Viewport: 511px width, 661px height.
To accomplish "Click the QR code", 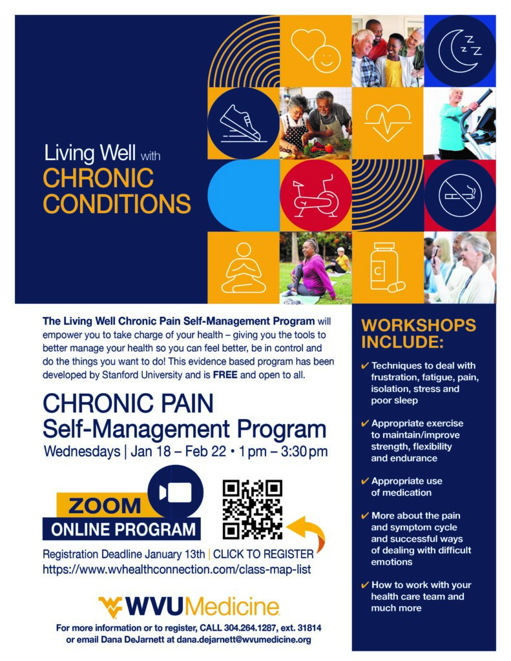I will tap(253, 509).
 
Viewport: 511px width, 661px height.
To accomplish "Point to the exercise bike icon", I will tap(315, 195).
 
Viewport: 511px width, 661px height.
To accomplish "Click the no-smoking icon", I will tap(460, 195).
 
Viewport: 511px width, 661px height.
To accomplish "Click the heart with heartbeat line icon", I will tap(387, 123).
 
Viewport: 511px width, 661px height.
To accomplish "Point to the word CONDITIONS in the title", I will tap(117, 203).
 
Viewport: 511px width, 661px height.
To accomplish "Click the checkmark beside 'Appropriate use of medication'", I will tap(365, 481).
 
